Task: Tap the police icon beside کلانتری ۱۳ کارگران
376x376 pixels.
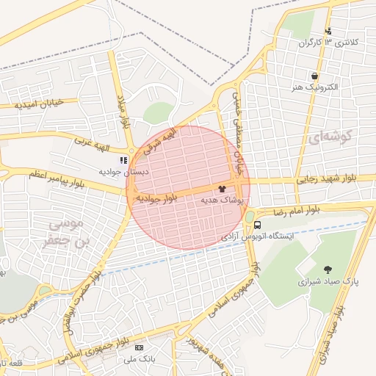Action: [x=328, y=31]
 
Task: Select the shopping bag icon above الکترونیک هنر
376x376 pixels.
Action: [x=314, y=76]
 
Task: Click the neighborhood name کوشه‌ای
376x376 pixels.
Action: [x=332, y=137]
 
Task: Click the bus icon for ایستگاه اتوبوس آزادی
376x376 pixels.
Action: [x=257, y=225]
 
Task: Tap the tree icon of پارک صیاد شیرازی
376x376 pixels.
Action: [x=327, y=270]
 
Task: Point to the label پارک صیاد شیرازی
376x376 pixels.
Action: [x=327, y=281]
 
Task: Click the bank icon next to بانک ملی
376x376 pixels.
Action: [x=140, y=347]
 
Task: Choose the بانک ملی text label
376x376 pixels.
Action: [x=140, y=358]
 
